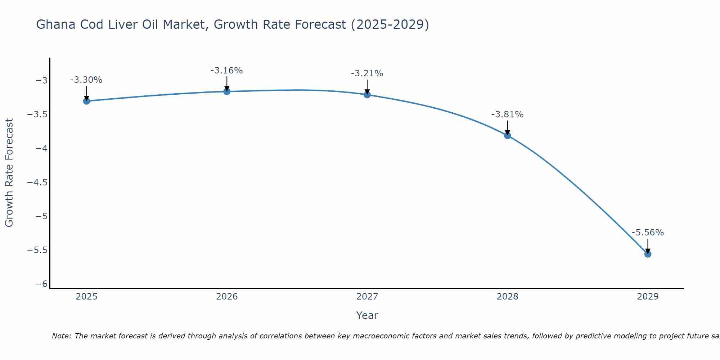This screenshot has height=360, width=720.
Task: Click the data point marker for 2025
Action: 86,101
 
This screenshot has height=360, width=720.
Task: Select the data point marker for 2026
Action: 227,91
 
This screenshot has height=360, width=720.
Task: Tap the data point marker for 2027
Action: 367,95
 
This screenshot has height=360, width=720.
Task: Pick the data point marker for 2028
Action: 508,136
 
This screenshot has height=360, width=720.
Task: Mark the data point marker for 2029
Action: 648,254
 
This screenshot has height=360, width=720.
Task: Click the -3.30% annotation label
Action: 86,80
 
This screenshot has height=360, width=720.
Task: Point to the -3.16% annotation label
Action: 226,71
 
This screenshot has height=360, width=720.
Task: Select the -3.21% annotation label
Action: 367,73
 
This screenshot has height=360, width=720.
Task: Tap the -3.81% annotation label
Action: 507,114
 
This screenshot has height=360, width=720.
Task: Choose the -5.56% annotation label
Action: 648,233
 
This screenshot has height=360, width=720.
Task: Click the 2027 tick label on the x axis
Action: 367,297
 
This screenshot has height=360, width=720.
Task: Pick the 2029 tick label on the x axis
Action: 648,297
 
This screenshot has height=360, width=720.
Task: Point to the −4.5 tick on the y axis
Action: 37,182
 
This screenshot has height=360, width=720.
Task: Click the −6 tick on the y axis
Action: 41,284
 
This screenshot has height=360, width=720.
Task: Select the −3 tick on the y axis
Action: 41,80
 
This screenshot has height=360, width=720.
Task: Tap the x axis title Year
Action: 367,315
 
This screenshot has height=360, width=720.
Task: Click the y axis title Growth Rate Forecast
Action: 9,173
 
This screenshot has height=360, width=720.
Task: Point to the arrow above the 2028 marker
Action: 508,127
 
